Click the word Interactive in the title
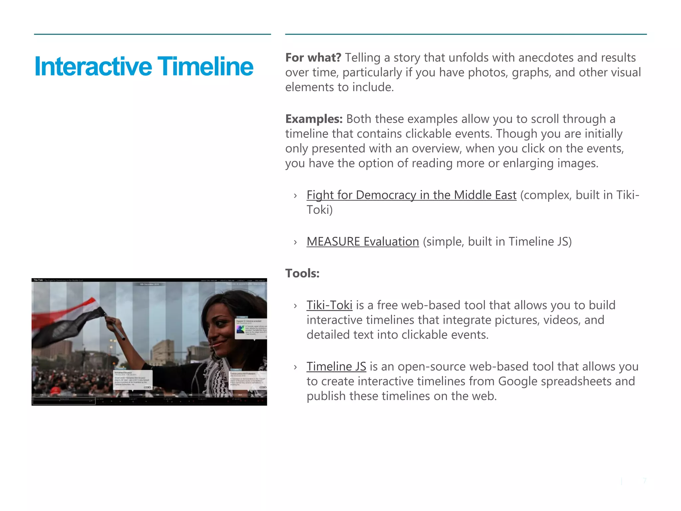93,67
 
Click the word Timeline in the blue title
205,67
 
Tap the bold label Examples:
314,119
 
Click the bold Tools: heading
302,273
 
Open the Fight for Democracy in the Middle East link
411,195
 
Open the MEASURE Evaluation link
362,242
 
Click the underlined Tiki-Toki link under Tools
329,305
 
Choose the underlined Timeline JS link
336,367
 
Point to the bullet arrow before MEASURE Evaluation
295,242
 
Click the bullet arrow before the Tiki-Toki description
295,306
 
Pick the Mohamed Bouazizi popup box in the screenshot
132,380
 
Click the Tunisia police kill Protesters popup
248,380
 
